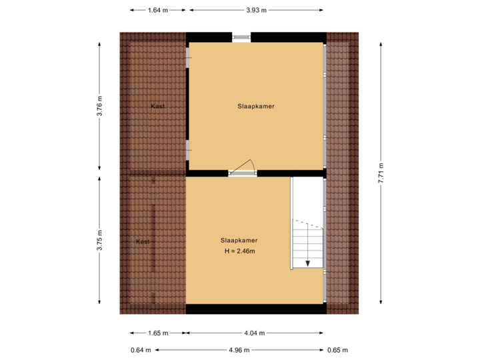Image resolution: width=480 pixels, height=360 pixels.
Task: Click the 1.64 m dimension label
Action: click(157, 10)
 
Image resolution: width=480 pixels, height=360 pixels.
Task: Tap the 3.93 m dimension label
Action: click(257, 10)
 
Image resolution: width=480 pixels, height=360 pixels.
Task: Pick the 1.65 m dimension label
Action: click(157, 333)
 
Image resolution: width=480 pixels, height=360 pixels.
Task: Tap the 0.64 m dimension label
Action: click(141, 349)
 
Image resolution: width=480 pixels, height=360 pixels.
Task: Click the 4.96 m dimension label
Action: click(239, 349)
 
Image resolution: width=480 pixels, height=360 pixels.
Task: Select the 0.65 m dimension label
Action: click(339, 349)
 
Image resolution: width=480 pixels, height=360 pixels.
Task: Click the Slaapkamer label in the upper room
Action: click(256, 106)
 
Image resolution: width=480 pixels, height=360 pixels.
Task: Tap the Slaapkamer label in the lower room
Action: click(239, 240)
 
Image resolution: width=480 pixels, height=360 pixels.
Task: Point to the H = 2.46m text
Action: click(240, 251)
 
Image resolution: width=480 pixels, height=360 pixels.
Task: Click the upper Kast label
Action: click(158, 106)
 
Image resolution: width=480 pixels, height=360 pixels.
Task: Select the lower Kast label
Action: click(143, 241)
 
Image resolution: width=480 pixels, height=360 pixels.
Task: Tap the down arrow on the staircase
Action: click(308, 263)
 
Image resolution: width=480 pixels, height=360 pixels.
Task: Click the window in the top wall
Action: click(241, 37)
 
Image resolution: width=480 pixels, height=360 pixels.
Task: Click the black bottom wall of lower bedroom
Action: click(256, 309)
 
